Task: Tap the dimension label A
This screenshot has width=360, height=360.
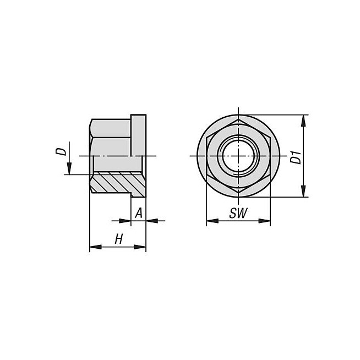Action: [x=139, y=213]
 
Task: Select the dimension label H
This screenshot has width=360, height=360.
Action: [x=119, y=239]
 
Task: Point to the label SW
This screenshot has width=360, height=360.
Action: [x=238, y=213]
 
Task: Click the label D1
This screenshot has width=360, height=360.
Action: [x=296, y=157]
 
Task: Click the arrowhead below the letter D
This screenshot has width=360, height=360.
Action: [x=69, y=168]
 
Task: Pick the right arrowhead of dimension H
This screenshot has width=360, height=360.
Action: [x=140, y=247]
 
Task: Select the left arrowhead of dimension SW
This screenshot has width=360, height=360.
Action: [x=212, y=221]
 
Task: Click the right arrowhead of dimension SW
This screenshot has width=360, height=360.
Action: [x=264, y=221]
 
